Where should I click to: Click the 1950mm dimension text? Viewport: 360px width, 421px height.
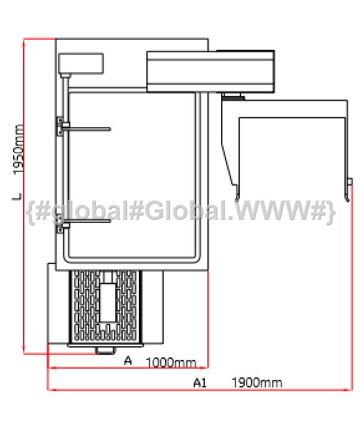tap(18, 149)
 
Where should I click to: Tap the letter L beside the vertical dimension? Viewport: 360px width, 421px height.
tap(17, 197)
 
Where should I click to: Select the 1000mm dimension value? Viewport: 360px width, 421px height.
tap(171, 362)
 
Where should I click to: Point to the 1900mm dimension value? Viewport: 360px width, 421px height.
tap(257, 382)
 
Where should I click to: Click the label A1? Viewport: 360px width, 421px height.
tap(200, 382)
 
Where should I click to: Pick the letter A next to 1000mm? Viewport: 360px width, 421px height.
tap(128, 361)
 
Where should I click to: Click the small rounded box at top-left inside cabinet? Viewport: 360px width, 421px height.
tap(81, 64)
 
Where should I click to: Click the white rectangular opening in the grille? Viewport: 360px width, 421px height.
tap(108, 303)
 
